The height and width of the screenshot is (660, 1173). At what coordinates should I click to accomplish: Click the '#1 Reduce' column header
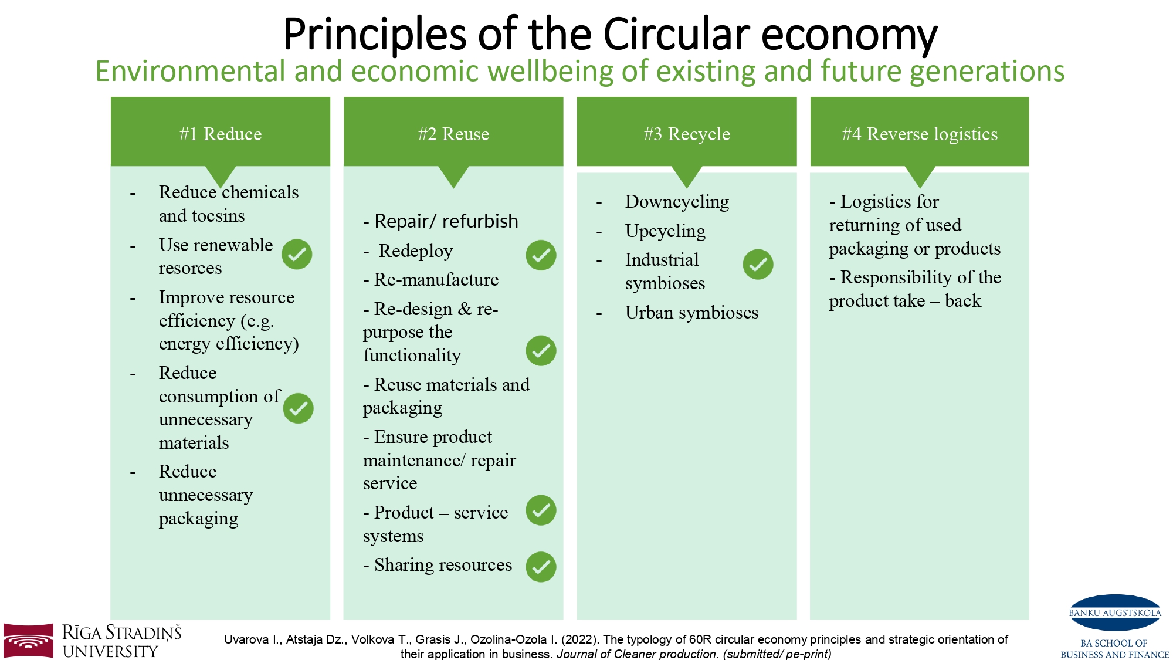click(221, 134)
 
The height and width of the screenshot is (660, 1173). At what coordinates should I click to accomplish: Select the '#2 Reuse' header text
click(453, 134)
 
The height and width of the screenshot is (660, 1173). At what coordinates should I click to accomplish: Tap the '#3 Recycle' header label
click(687, 134)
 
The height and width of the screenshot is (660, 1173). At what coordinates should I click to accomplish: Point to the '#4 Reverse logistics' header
click(920, 134)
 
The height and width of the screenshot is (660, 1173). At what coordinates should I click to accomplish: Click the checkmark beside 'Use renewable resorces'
click(297, 254)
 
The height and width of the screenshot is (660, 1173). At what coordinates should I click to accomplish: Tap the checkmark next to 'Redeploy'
click(541, 255)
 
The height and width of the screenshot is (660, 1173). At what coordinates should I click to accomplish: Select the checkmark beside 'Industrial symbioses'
click(758, 264)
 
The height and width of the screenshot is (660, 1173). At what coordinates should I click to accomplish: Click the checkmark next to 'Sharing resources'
click(541, 567)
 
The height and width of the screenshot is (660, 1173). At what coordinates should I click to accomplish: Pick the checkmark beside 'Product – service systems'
click(541, 510)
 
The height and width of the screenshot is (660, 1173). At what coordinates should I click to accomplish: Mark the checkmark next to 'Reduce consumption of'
click(298, 408)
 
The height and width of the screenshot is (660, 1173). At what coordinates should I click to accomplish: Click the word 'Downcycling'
click(677, 202)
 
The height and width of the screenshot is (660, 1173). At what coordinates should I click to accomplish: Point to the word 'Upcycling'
click(665, 231)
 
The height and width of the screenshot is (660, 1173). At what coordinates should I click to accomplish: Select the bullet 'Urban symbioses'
click(691, 312)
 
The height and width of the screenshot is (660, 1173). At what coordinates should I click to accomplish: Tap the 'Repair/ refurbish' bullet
click(440, 221)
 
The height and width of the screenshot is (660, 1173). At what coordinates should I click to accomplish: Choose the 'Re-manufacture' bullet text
click(431, 280)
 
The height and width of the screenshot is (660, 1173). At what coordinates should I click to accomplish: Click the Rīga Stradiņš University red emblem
click(28, 641)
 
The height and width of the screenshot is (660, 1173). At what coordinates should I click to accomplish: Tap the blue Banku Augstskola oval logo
click(1115, 612)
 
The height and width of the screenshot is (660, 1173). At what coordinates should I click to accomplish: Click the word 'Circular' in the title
click(676, 34)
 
